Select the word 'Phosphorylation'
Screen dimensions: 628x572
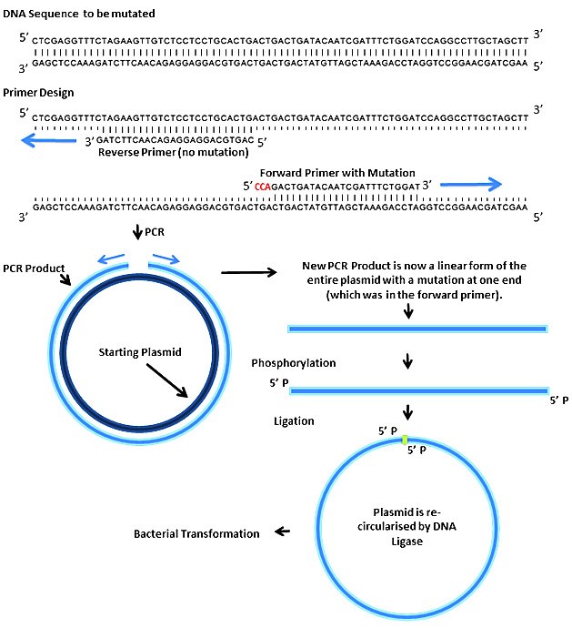pyautogui.click(x=293, y=362)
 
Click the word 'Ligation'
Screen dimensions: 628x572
pyautogui.click(x=295, y=421)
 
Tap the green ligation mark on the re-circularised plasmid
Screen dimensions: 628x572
pyautogui.click(x=404, y=441)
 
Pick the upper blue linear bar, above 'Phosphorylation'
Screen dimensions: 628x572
pyautogui.click(x=417, y=328)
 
